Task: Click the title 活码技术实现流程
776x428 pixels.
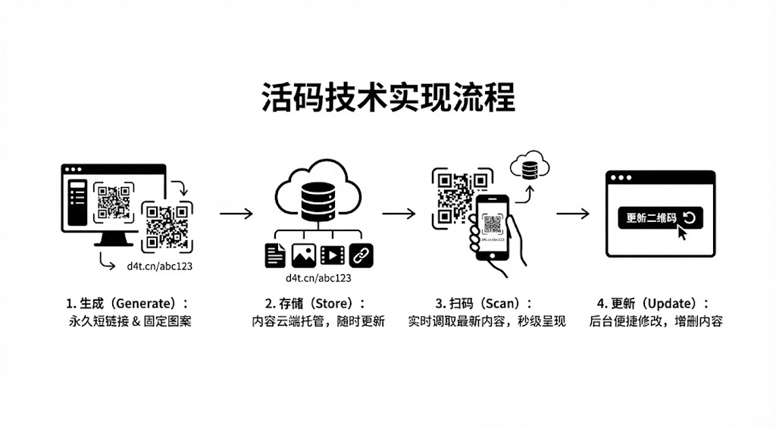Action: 388,99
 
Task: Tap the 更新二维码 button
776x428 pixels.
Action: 659,218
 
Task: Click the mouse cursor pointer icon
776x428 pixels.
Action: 682,233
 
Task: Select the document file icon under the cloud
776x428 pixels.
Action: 275,255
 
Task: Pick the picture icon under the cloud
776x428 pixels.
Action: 303,255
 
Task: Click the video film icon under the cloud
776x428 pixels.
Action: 332,255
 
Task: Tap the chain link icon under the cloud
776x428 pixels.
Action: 361,255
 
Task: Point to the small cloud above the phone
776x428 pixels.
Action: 530,167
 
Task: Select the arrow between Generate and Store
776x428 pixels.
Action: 236,214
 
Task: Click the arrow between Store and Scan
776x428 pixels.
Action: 399,214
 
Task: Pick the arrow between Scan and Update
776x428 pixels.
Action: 572,214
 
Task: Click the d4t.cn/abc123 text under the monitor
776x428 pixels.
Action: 157,266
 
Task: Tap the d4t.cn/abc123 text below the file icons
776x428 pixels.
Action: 318,278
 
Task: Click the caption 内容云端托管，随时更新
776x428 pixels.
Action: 318,322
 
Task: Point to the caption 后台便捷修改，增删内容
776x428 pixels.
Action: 656,322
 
